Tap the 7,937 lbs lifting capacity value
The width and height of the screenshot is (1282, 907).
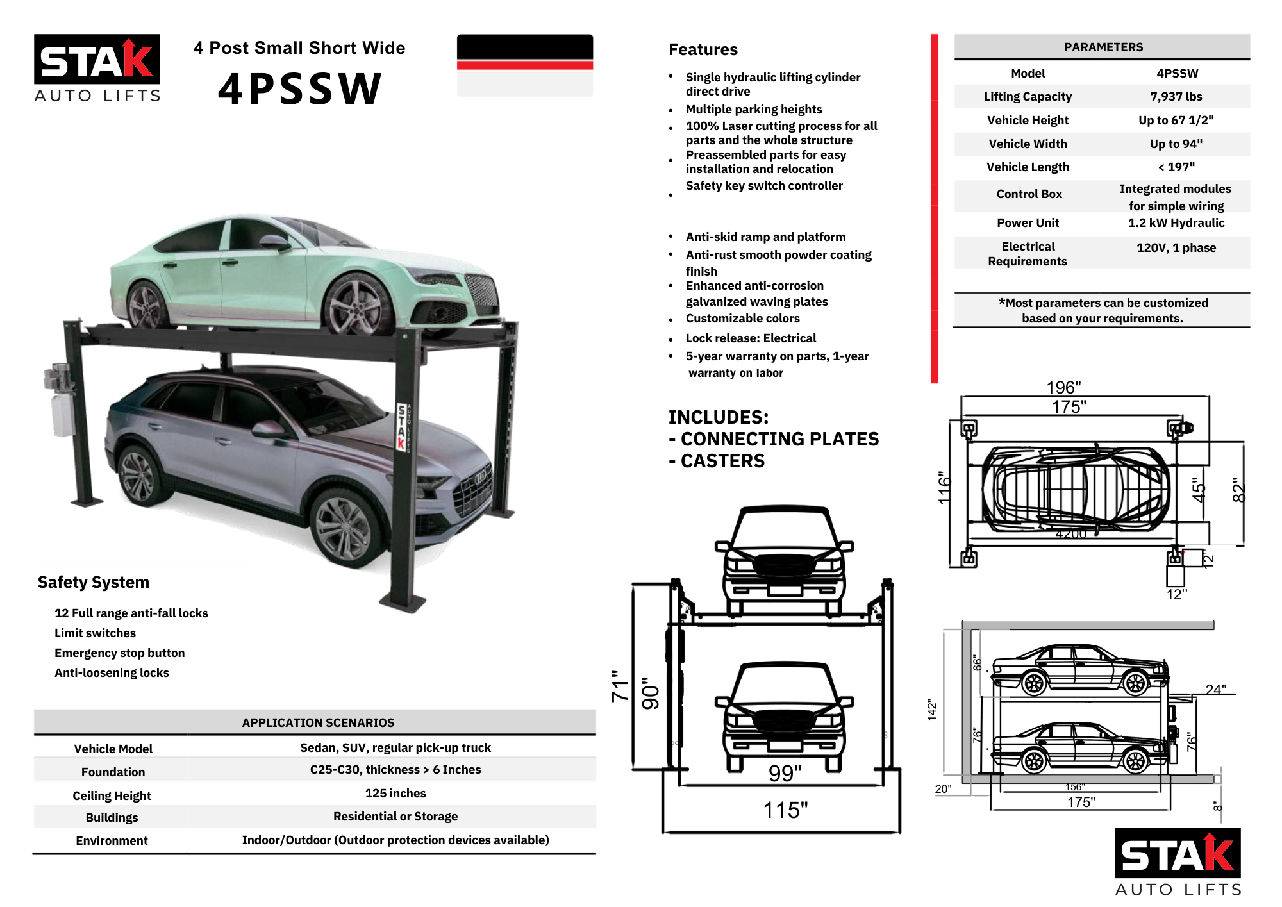(x=1176, y=97)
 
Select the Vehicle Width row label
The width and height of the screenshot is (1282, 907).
(x=1028, y=144)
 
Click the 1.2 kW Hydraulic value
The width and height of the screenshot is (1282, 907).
(x=1176, y=223)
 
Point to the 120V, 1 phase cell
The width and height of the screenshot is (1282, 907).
(x=1176, y=248)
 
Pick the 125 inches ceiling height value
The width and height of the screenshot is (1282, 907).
(x=395, y=794)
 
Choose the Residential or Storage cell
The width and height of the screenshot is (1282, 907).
(x=395, y=817)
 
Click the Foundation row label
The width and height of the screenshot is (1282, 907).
(x=113, y=772)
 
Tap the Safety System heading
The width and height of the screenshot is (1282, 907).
(x=94, y=582)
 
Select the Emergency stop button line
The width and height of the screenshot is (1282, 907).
(x=119, y=653)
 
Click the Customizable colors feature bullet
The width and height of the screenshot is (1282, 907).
(x=742, y=319)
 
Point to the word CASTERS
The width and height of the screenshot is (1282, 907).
(x=722, y=461)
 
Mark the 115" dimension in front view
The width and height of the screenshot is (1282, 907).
(x=785, y=810)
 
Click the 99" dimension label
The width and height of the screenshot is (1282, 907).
(x=785, y=774)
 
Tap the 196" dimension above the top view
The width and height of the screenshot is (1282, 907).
(x=1063, y=387)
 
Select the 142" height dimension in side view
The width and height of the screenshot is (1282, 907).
(x=932, y=710)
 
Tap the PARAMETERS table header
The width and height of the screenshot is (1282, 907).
(x=1103, y=47)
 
